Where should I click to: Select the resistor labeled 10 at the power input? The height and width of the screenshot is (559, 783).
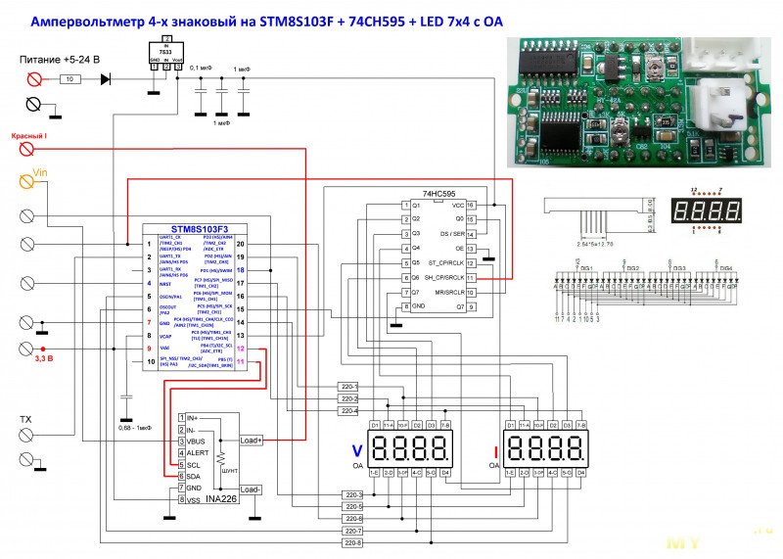[x=69, y=78]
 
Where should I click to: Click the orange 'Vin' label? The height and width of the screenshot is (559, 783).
[x=40, y=172]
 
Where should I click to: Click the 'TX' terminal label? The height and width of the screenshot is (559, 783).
[x=25, y=420]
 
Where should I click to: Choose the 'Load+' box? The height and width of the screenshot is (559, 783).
[x=251, y=441]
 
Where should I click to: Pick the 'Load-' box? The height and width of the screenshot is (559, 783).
[x=250, y=489]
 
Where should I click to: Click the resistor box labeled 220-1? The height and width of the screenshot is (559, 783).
[x=349, y=387]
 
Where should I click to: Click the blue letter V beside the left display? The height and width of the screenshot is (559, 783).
[x=357, y=450]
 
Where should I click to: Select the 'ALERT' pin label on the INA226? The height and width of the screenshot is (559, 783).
[x=200, y=453]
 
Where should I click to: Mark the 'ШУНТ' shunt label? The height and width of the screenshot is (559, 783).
[x=231, y=471]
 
